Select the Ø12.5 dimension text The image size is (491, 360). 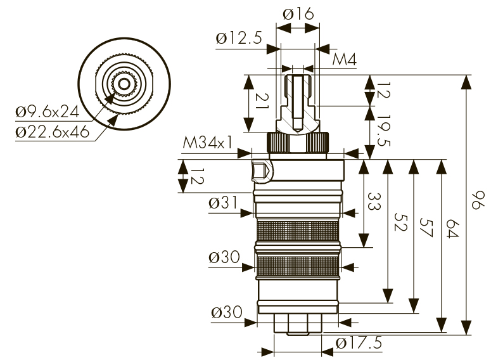pyautogui.click(x=239, y=38)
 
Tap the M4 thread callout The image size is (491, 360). pyautogui.click(x=345, y=60)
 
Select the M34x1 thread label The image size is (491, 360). pyautogui.click(x=207, y=143)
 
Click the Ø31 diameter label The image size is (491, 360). pyautogui.click(x=222, y=203)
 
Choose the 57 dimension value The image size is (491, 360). pyautogui.click(x=426, y=228)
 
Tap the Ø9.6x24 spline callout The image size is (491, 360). pyautogui.click(x=48, y=112)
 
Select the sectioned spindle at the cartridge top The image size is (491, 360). pyautogui.click(x=298, y=101)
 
